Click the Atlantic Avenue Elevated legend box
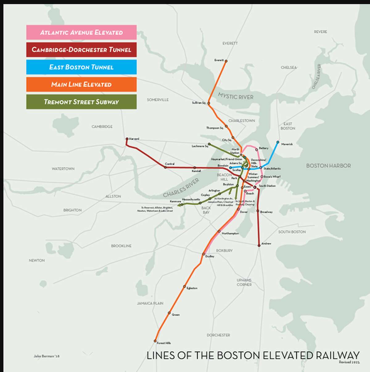point(81,32)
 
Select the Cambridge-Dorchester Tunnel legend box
point(81,50)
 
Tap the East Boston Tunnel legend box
point(81,67)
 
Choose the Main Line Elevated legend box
point(81,84)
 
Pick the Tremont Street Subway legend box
point(81,102)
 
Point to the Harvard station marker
point(127,139)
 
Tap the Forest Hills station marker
point(155,341)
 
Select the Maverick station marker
point(278,142)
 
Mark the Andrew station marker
point(259,245)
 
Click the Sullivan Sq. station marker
point(209,103)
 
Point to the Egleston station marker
point(184,286)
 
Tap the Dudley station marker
point(204,254)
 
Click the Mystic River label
point(236,96)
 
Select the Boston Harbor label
point(328,166)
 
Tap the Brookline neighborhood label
point(121,246)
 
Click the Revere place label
point(320,32)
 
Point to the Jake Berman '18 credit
point(47,356)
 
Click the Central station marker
point(165,167)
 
